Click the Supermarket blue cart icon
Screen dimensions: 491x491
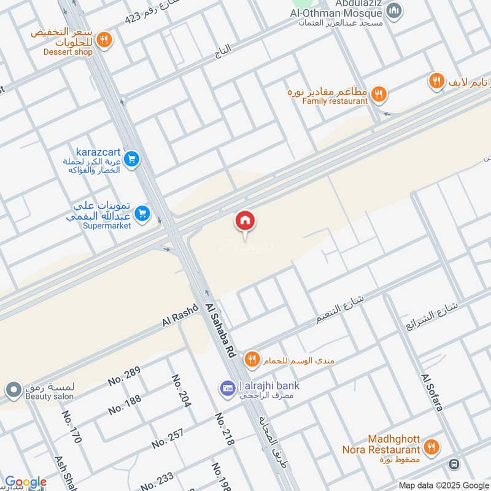click(142, 213)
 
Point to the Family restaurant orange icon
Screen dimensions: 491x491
click(379, 94)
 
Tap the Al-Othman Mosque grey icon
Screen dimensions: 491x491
click(396, 10)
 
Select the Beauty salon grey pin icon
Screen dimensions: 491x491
click(13, 389)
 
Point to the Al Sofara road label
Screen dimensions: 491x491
click(431, 392)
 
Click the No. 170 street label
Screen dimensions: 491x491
click(72, 427)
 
